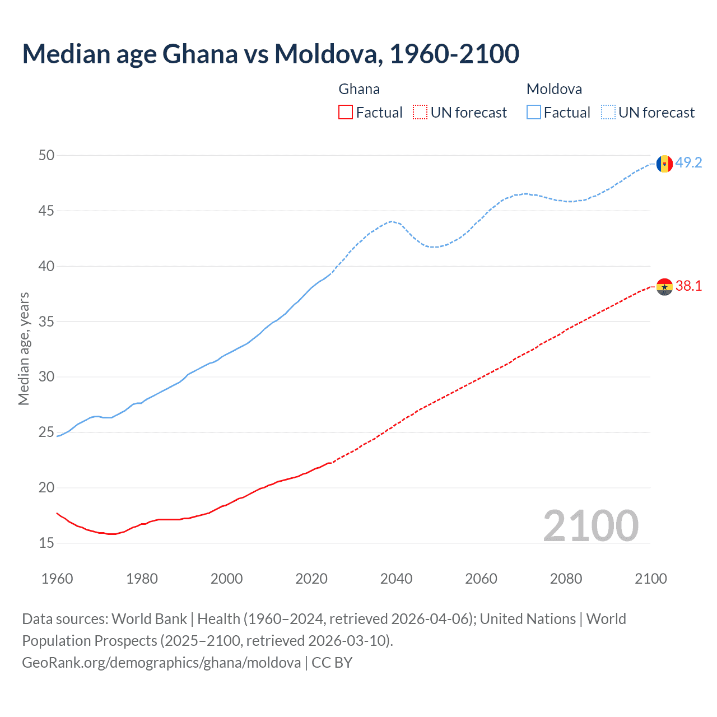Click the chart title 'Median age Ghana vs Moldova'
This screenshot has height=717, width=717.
point(271,54)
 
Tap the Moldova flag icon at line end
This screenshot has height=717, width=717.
point(664,164)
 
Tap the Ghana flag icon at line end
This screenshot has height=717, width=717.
point(664,287)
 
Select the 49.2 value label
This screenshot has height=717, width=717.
point(688,162)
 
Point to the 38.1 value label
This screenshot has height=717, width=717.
point(688,286)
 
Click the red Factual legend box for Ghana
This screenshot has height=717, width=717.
point(346,113)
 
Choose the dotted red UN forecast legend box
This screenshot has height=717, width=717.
point(420,113)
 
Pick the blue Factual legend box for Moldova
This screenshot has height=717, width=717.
point(534,113)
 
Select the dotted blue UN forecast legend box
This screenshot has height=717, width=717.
point(608,113)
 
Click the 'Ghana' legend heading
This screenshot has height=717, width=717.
point(359,89)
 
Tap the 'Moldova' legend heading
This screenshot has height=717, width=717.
point(554,89)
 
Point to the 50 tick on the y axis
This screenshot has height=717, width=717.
point(46,155)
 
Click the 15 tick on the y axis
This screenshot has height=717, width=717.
point(46,543)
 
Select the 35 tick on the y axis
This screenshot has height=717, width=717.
point(46,322)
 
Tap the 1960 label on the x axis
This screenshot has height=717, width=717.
point(57,579)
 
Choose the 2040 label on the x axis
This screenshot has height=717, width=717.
point(396,579)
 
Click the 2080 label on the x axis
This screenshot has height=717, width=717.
point(566,579)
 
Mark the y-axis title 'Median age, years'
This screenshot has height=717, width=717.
point(24,348)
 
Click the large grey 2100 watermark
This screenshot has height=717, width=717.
point(590,525)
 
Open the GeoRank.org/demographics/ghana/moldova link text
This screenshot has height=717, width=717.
point(161,663)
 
